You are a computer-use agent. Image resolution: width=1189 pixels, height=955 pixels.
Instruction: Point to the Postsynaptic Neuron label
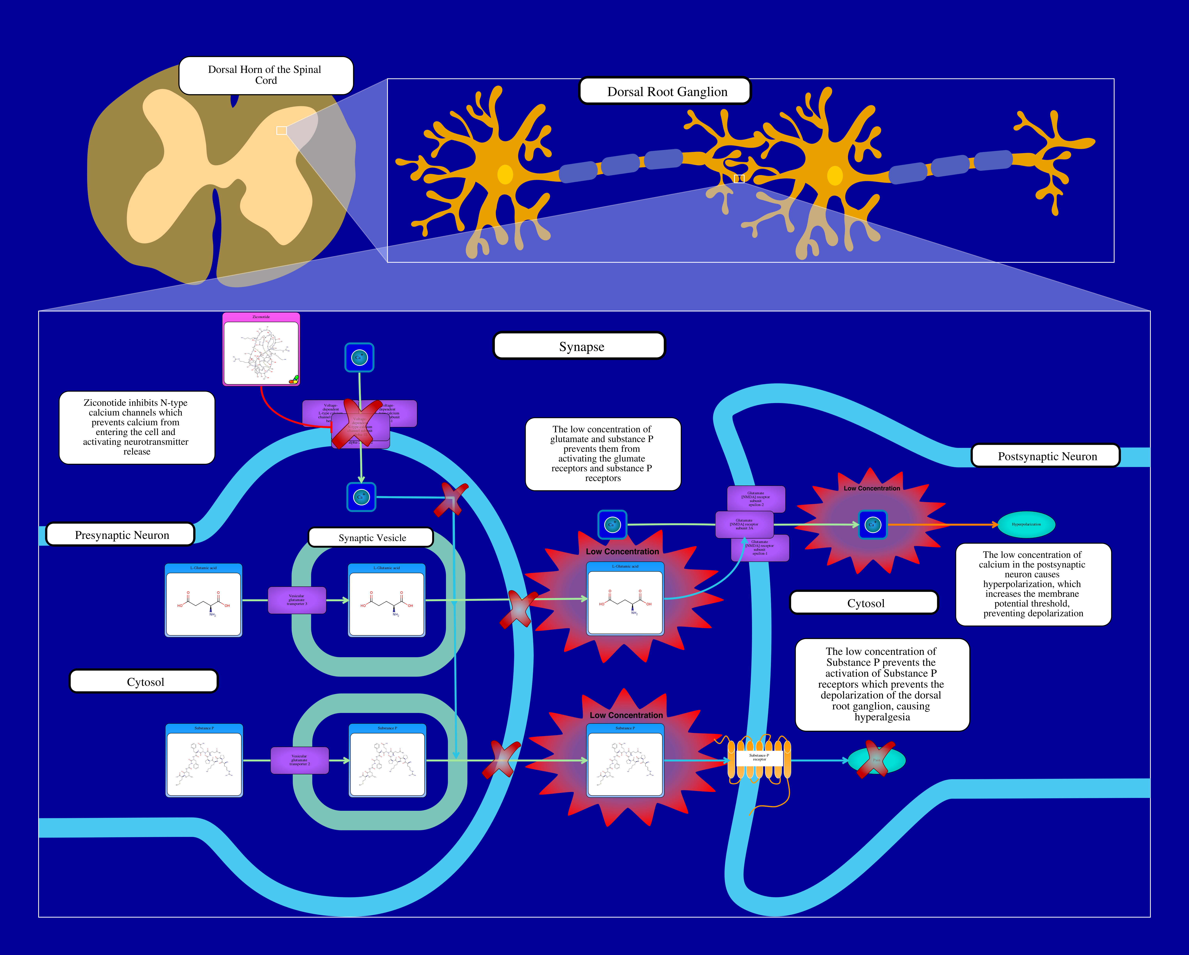[x=1046, y=456]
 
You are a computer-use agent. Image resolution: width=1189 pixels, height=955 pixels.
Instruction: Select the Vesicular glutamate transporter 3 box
[x=297, y=600]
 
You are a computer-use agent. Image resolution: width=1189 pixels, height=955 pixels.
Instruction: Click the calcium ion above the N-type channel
[x=359, y=357]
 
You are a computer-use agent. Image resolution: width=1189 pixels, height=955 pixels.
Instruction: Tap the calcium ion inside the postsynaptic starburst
[x=872, y=524]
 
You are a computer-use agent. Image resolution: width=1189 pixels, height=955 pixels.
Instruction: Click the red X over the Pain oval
[x=876, y=760]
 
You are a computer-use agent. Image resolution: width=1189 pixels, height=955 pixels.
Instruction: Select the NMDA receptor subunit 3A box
[x=744, y=524]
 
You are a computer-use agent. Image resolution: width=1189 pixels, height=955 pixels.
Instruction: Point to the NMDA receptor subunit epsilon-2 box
[x=756, y=499]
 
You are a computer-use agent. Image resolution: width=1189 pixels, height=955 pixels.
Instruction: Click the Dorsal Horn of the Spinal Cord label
[x=265, y=75]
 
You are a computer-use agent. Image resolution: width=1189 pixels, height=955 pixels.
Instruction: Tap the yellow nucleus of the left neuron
[x=505, y=174]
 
